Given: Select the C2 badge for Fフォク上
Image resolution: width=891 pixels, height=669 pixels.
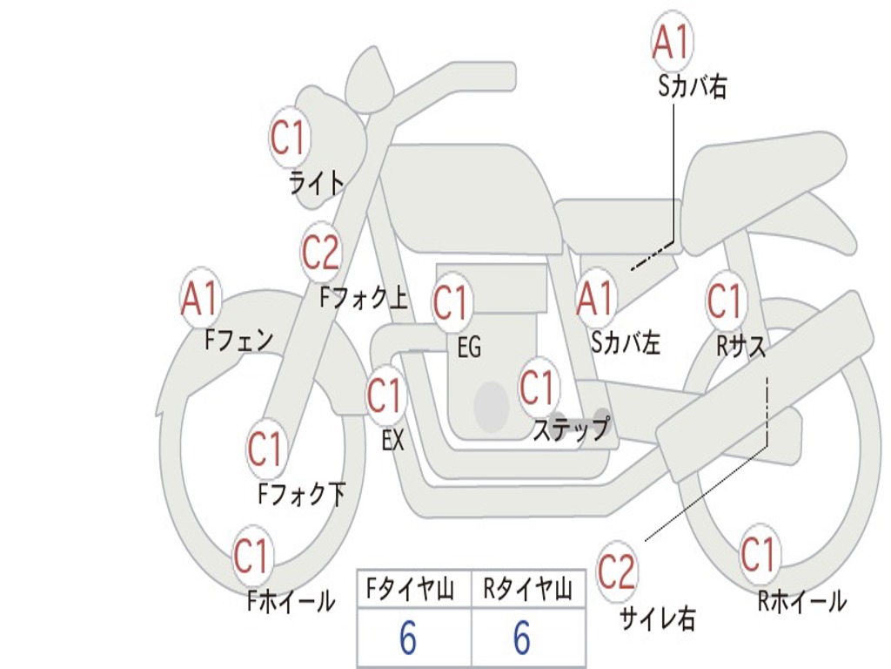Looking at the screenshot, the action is pyautogui.click(x=321, y=252).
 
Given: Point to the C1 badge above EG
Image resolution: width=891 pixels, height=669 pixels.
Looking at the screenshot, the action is pyautogui.click(x=452, y=301).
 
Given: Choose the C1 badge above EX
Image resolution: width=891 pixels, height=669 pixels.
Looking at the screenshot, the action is pyautogui.click(x=385, y=395).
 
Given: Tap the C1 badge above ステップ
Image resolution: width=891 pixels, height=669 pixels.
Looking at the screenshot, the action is pyautogui.click(x=538, y=386).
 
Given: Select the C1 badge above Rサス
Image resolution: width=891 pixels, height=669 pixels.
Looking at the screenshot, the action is pyautogui.click(x=725, y=300).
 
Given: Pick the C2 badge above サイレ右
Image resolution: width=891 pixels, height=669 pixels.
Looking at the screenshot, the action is pyautogui.click(x=617, y=571).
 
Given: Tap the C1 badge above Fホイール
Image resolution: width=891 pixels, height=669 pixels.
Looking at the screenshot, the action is pyautogui.click(x=251, y=555).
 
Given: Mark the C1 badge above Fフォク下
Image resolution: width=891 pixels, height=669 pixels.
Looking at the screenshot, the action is pyautogui.click(x=265, y=449).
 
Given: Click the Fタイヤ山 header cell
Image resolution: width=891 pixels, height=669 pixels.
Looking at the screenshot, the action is pyautogui.click(x=414, y=589).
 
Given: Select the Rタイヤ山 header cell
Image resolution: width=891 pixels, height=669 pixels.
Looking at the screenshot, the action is pyautogui.click(x=528, y=589).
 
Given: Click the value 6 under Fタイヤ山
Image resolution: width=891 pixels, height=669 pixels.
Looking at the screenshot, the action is pyautogui.click(x=408, y=638).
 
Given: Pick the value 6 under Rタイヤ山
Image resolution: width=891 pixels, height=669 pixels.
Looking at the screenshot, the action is pyautogui.click(x=522, y=638).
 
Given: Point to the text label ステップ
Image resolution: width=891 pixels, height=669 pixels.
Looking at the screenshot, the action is pyautogui.click(x=571, y=429).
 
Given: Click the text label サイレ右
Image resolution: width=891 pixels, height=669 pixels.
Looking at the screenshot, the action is pyautogui.click(x=658, y=618).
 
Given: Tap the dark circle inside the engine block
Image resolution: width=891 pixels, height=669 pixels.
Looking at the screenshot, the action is pyautogui.click(x=492, y=406).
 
